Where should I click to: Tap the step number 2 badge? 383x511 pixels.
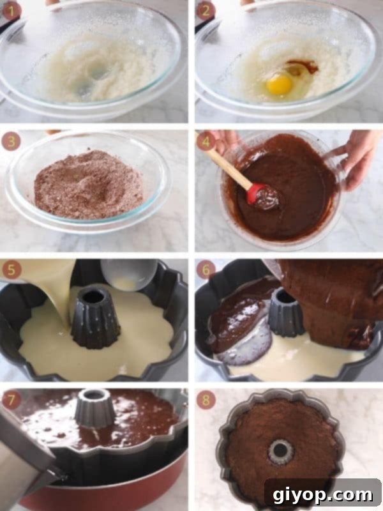pyautogui.click(x=206, y=10)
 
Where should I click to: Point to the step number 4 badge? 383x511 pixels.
pyautogui.click(x=206, y=141)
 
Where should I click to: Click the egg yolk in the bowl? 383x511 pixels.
pyautogui.click(x=280, y=84)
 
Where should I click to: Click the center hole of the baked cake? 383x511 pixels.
pyautogui.click(x=280, y=452)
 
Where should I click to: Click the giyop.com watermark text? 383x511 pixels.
pyautogui.click(x=322, y=495)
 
